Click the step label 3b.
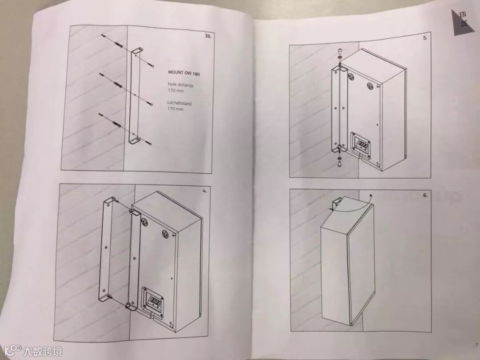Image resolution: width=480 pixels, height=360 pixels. [x=208, y=36]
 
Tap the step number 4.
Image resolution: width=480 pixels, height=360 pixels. [x=204, y=191]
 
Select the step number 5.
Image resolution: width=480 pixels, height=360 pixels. [x=425, y=38]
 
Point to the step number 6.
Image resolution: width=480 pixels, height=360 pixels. [x=425, y=195]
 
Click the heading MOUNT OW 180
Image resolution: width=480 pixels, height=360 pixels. [x=184, y=73]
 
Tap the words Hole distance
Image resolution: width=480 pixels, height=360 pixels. [x=180, y=84]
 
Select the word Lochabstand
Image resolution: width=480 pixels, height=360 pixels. [x=179, y=103]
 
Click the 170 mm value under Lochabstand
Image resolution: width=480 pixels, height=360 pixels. [x=176, y=109]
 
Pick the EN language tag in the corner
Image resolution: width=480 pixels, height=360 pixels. [x=463, y=14]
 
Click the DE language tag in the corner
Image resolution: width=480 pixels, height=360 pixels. [x=464, y=23]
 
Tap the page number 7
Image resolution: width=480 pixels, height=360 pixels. [x=476, y=345]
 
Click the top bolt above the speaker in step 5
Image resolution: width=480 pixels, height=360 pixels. [x=340, y=50]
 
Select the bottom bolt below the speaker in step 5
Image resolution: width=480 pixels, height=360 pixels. [x=340, y=164]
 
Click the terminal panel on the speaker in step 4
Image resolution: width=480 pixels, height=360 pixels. [x=153, y=301]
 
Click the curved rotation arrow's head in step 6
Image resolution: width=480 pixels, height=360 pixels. [x=371, y=195]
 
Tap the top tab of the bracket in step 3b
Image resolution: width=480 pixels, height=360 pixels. [x=137, y=51]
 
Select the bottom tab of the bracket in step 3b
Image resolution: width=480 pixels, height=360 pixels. [x=134, y=140]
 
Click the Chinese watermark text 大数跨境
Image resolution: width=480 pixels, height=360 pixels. [x=43, y=351]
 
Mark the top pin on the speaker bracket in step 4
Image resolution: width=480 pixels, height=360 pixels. [x=131, y=211]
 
